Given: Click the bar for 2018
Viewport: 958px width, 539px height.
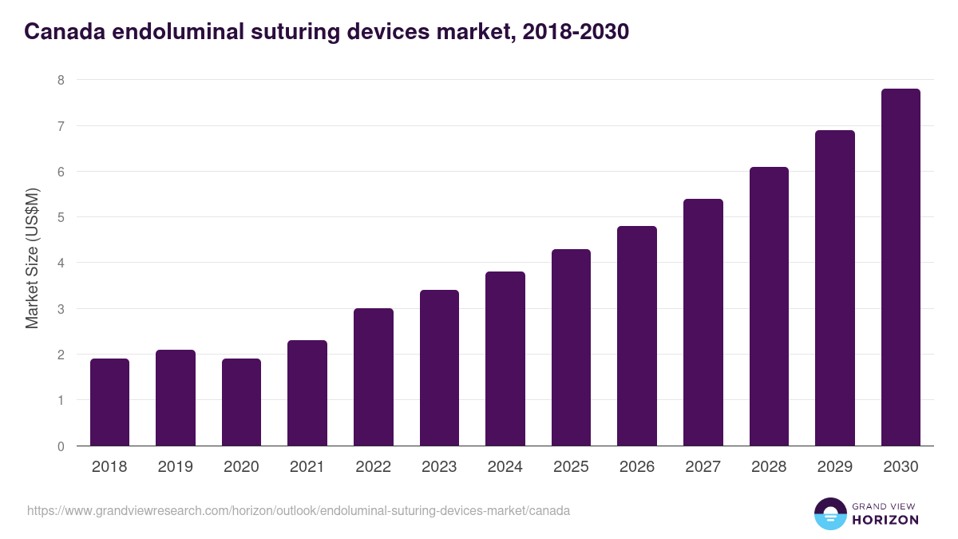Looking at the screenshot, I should coord(109,402).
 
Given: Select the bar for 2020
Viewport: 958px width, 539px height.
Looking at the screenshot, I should coord(241,402).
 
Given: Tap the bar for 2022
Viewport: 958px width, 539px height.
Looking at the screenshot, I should coord(374,377).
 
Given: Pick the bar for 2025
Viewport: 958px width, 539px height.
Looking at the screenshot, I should coord(571,347).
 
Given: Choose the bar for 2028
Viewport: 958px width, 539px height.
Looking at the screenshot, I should coord(769,307).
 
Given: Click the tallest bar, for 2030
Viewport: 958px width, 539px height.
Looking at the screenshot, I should coord(901,268).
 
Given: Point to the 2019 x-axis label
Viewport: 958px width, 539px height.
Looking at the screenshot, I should coord(175,467).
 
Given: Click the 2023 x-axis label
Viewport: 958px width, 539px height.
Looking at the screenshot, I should coord(439,467).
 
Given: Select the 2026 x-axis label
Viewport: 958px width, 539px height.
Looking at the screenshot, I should coord(637,467).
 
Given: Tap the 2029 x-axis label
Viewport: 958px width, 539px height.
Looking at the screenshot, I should coord(834,467).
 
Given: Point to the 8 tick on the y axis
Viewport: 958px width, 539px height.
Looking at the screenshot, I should coord(60,80).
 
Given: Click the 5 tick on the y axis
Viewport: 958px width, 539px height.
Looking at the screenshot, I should coord(60,217).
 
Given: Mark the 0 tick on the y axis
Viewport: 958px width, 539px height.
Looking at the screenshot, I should coord(60,446).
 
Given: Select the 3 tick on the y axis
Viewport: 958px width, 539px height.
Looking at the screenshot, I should coord(60,309).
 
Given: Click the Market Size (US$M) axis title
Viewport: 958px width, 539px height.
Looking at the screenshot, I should coord(32,258).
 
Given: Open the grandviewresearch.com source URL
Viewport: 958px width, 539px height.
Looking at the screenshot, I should coord(299,510).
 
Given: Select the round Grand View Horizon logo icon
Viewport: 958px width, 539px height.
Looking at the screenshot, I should coord(830,513).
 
